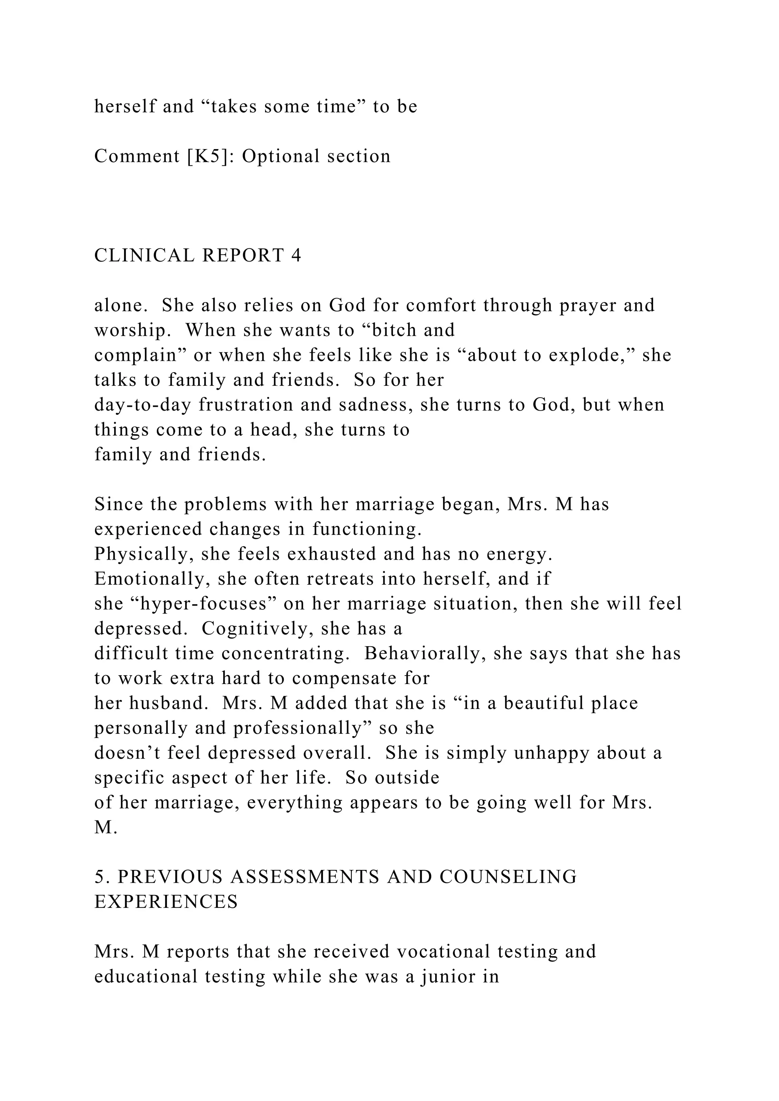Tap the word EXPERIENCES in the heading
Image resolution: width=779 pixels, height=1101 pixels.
(x=166, y=903)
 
